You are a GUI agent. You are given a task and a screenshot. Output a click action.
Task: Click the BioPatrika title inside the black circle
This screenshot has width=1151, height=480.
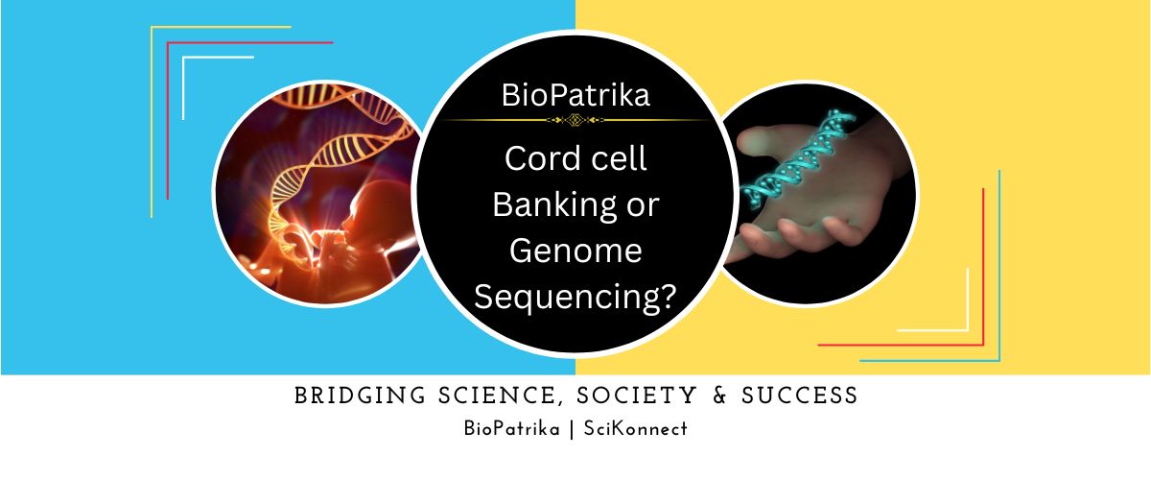click(575, 95)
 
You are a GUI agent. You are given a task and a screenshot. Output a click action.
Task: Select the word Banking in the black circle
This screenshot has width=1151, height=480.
click(555, 205)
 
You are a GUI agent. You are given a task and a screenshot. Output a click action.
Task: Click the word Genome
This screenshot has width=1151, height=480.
click(575, 251)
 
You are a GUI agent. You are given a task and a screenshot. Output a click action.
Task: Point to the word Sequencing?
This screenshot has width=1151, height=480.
click(575, 298)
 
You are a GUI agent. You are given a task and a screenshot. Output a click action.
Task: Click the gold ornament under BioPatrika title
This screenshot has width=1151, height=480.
click(575, 120)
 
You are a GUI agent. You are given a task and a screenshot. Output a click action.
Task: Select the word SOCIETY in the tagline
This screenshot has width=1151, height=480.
click(637, 396)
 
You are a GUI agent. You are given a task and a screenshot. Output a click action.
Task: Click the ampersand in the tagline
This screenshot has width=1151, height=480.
click(719, 396)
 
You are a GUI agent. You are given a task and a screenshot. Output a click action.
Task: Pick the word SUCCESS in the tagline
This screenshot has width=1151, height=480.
click(800, 396)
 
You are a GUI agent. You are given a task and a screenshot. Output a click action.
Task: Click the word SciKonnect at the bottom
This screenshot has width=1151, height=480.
click(636, 428)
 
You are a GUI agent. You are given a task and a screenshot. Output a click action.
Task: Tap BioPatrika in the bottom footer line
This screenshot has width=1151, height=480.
click(512, 428)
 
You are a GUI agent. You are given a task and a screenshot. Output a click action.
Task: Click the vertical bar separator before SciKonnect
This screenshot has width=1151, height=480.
click(572, 429)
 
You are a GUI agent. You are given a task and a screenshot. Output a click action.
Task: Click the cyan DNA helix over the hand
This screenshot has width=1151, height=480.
click(800, 158)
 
